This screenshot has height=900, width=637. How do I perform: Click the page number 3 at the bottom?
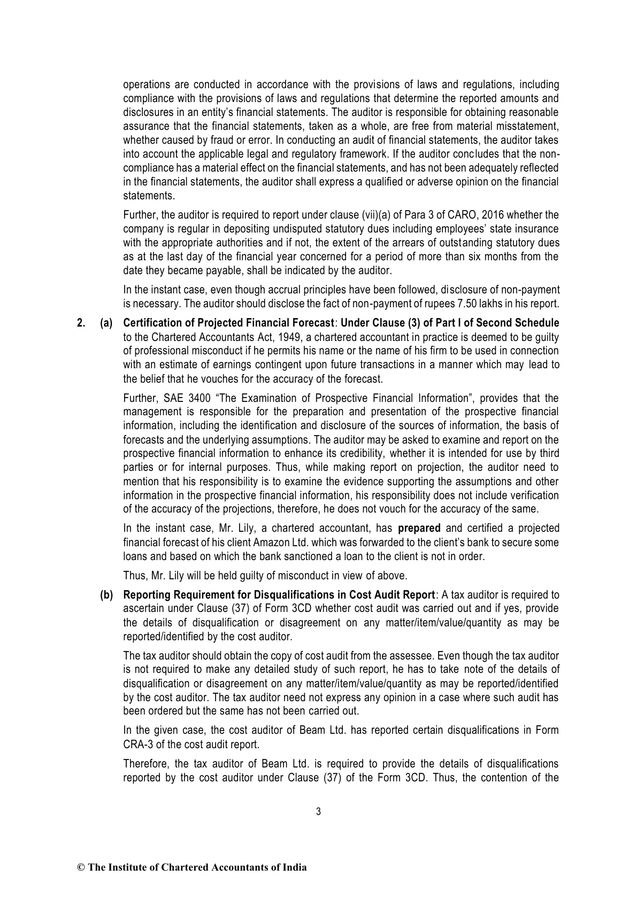318,812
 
